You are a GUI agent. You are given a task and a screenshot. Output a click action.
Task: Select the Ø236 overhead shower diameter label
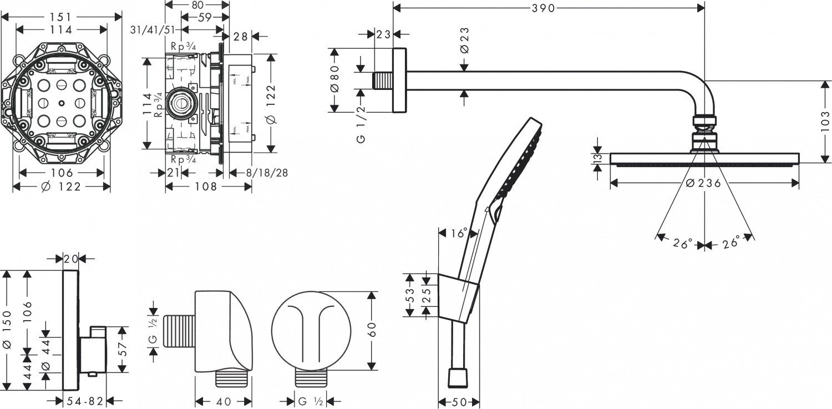[x=703, y=183]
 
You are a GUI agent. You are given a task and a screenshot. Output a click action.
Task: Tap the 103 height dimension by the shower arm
[x=825, y=122]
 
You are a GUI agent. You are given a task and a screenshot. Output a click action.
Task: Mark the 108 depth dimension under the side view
[x=206, y=187]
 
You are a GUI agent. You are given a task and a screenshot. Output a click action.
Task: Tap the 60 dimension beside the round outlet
[x=372, y=331]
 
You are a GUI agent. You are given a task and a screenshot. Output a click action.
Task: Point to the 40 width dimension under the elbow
[x=224, y=401]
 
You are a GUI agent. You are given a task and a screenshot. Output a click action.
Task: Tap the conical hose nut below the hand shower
[x=458, y=379]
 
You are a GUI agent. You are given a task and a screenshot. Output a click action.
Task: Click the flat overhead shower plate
[x=705, y=159]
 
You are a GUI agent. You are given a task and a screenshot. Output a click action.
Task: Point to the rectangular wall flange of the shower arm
[x=400, y=81]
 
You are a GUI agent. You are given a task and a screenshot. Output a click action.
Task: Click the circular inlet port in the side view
[x=181, y=103]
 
